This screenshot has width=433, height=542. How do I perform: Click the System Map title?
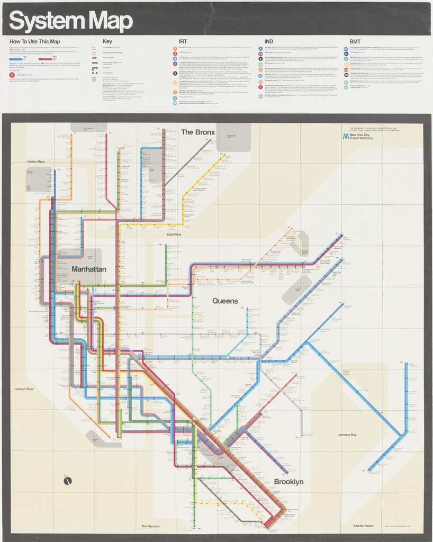pos(70,21)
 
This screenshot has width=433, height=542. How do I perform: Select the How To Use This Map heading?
pos(34,41)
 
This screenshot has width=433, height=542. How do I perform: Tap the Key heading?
pos(107,41)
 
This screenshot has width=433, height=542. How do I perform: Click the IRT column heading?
pos(183,41)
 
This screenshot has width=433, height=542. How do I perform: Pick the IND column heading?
pos(269,41)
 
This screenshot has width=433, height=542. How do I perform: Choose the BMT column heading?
pos(355,41)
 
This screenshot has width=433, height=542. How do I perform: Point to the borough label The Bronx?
pos(198,132)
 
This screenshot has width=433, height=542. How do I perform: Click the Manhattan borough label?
pos(89,269)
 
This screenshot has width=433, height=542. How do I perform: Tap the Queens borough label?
pos(225,301)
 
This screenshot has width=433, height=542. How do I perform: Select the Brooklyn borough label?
pos(288,482)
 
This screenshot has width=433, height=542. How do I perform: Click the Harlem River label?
pos(36,161)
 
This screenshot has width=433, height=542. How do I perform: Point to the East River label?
pos(174,234)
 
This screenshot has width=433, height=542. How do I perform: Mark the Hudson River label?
pos(24,389)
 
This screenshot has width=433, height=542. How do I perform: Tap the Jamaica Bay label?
pos(347,435)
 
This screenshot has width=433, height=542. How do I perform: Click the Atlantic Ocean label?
pos(363,526)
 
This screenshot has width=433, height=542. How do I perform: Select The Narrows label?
pos(150,526)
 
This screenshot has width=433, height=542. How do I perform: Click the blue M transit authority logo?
pos(345,137)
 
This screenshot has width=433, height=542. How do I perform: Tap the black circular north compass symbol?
pos(67,481)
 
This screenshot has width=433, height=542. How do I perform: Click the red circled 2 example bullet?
pos(12,75)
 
